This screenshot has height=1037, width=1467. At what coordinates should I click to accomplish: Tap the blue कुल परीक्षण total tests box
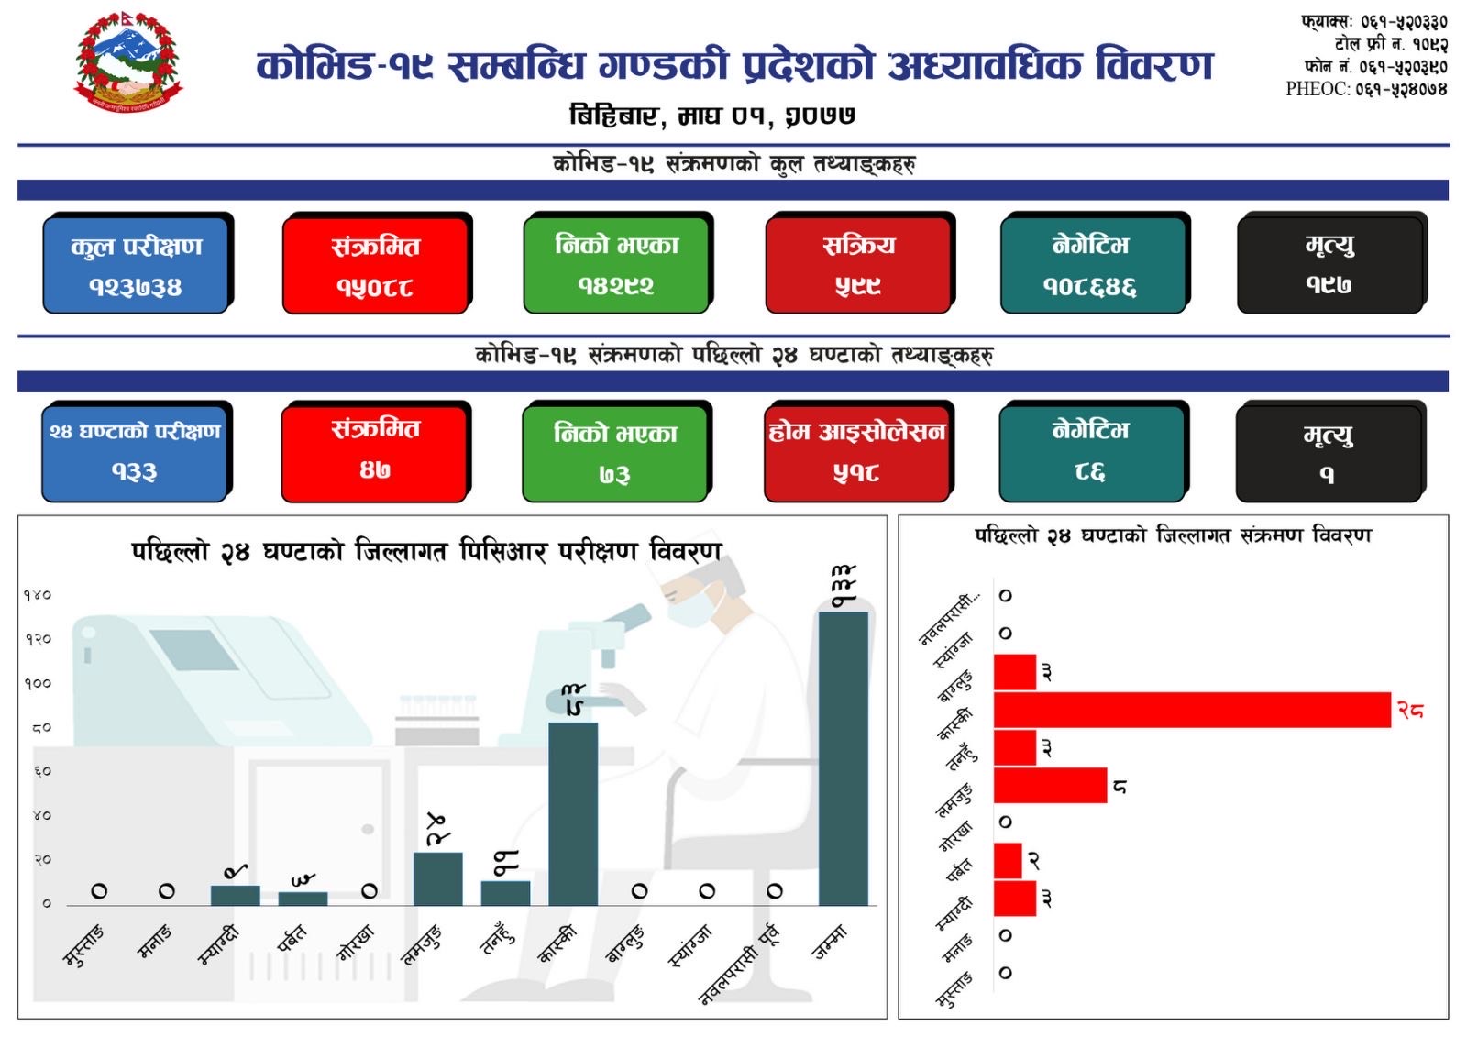(x=136, y=264)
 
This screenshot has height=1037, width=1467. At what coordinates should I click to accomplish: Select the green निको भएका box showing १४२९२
(x=616, y=264)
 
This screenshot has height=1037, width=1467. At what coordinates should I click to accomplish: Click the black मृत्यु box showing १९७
(x=1329, y=264)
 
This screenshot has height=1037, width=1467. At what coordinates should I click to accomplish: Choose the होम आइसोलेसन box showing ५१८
(x=856, y=451)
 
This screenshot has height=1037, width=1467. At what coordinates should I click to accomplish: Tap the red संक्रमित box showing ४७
(x=374, y=451)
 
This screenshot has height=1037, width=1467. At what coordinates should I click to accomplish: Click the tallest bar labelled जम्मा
(x=843, y=758)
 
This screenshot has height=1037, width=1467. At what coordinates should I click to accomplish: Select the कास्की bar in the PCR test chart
(x=573, y=813)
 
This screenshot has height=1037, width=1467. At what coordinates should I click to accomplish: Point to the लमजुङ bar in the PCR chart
(x=437, y=878)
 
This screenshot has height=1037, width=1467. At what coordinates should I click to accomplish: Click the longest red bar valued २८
(x=1192, y=711)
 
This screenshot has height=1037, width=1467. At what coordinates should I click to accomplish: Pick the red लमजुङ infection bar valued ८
(x=1050, y=786)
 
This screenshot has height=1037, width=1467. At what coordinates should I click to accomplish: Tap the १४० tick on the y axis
(x=38, y=596)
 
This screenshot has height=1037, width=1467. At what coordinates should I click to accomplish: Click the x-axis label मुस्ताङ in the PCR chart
(x=84, y=945)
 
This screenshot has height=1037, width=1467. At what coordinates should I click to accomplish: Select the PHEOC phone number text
(x=1366, y=89)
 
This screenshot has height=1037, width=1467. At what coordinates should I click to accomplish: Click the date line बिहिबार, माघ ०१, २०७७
(x=712, y=116)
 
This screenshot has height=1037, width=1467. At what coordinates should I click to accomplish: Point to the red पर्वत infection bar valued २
(x=1008, y=861)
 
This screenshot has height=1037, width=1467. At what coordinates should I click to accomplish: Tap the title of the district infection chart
(x=1173, y=535)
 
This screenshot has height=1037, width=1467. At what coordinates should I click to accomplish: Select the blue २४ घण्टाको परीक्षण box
(x=136, y=451)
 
